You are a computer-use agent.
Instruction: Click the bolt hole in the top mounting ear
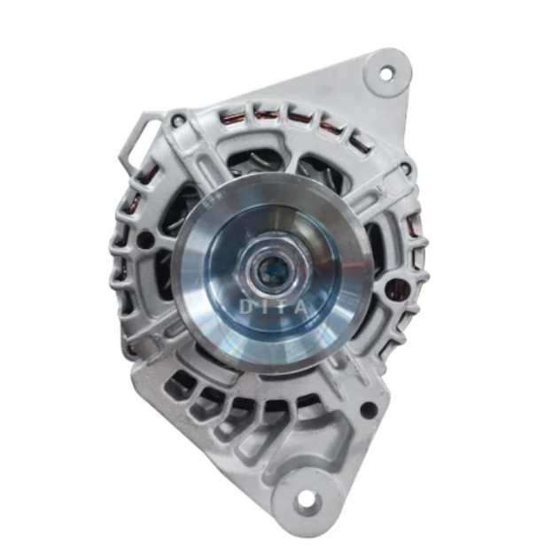385,74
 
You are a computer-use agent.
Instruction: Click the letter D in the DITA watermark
245,307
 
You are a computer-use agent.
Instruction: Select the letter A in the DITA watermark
301,307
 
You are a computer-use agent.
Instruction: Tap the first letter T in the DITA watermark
282,307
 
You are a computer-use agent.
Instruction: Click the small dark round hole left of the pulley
145,237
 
